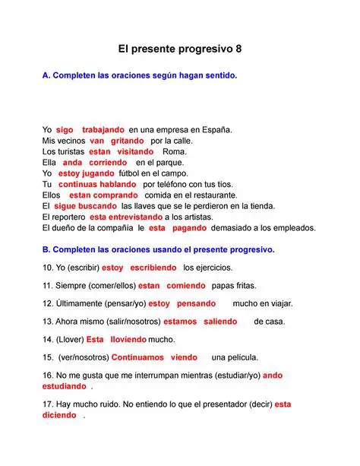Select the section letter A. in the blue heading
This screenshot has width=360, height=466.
(x=46, y=76)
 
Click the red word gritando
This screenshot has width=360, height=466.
(x=128, y=141)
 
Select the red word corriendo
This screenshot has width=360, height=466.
(x=108, y=163)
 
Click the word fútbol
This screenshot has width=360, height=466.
(x=125, y=173)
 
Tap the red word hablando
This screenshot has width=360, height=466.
(x=118, y=184)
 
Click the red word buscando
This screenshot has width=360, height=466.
(x=98, y=206)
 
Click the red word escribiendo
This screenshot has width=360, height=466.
(x=153, y=268)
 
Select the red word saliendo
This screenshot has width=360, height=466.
(x=220, y=322)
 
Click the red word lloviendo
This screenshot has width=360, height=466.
(x=129, y=339)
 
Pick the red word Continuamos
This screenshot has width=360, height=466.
(x=137, y=357)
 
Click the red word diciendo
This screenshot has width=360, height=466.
(x=60, y=416)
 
